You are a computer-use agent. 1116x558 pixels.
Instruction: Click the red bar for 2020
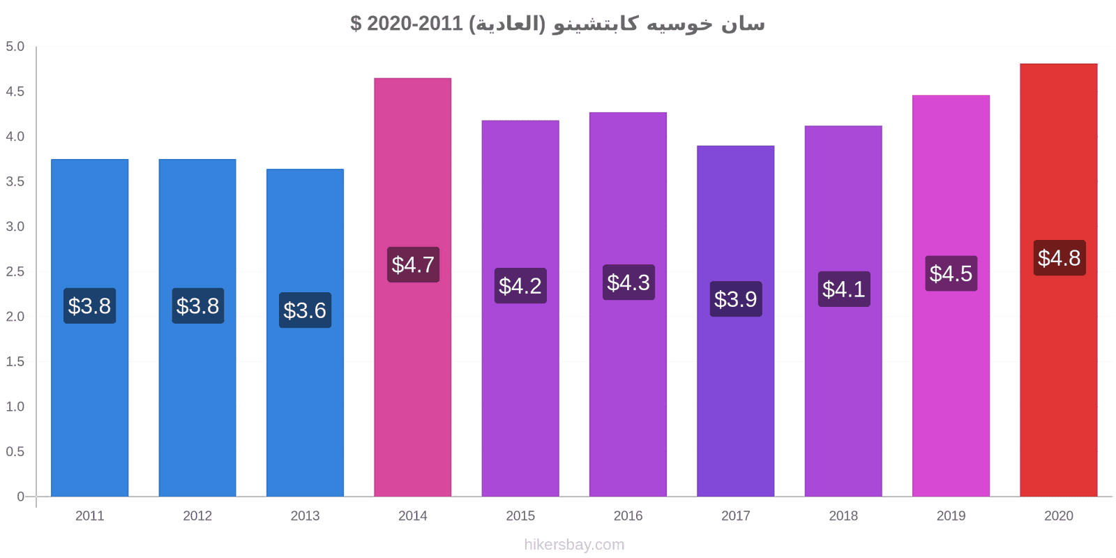coord(1058,280)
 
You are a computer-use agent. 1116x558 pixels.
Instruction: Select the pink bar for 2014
coord(412,287)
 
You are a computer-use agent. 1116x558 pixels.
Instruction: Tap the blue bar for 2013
coord(305,333)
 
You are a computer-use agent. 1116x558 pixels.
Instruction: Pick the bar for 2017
coord(735,322)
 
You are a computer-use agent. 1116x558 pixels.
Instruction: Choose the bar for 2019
coord(951,296)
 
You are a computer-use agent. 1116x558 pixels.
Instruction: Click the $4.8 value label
coord(1060,258)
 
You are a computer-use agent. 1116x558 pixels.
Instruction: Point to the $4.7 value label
coord(413,264)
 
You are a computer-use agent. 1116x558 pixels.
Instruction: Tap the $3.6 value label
coord(305,310)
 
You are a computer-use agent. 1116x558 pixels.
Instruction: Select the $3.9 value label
coord(736,299)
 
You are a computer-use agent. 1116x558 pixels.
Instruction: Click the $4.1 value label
coord(844,289)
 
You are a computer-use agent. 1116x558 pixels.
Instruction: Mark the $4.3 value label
coord(628,282)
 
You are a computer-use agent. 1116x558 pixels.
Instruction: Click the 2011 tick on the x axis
coord(90,515)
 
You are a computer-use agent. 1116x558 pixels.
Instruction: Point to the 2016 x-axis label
coord(628,515)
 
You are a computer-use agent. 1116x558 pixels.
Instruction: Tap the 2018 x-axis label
coord(843,515)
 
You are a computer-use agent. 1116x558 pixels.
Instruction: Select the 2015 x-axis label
coord(520,515)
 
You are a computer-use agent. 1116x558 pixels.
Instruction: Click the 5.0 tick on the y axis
coord(15,46)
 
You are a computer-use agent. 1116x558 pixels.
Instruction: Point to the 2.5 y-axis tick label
coord(15,271)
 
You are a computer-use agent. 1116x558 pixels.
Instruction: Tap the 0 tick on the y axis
coord(20,496)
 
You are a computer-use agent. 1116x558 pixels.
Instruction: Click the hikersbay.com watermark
coord(574,545)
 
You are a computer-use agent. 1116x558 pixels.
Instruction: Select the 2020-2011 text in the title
coord(415,23)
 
